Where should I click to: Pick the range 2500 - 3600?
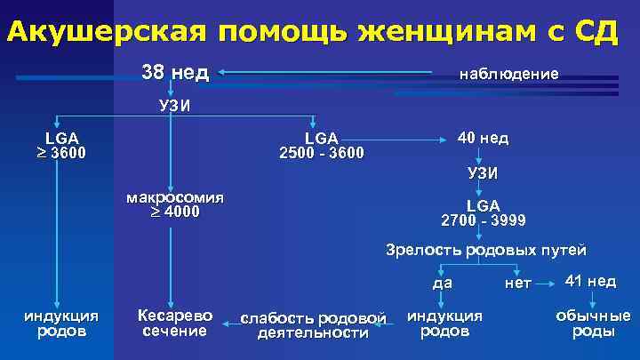pyautogui.click(x=321, y=152)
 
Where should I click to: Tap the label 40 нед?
pyautogui.click(x=483, y=139)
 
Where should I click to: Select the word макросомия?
pyautogui.click(x=175, y=196)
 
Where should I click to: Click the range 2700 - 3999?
pyautogui.click(x=483, y=220)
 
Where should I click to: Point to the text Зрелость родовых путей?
pyautogui.click(x=485, y=249)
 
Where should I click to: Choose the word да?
pyautogui.click(x=443, y=283)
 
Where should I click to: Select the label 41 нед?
pyautogui.click(x=590, y=281)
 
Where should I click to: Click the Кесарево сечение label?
pyautogui.click(x=175, y=324)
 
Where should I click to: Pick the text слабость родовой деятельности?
pyautogui.click(x=313, y=325)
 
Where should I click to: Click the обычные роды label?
pyautogui.click(x=593, y=324)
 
